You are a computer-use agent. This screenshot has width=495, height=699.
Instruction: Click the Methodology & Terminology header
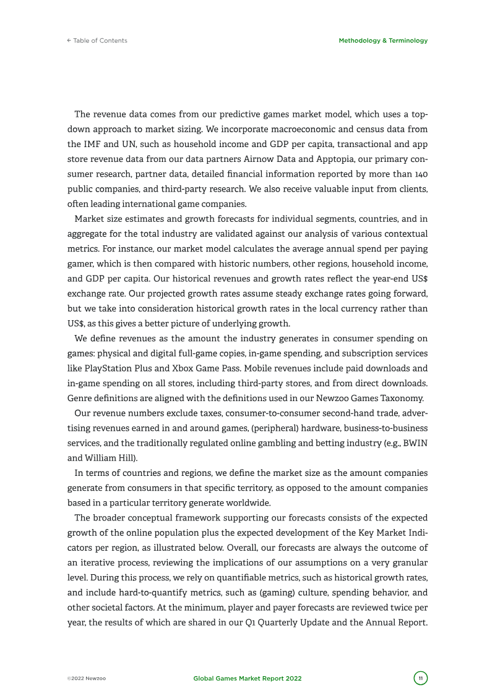coord(383,41)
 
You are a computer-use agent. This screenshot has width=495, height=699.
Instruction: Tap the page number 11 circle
coord(421,679)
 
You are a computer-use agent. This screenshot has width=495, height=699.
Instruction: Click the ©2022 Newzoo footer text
coord(87,679)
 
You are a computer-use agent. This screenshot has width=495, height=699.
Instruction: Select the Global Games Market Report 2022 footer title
coord(247,679)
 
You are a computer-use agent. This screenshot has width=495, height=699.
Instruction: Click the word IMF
coord(92,143)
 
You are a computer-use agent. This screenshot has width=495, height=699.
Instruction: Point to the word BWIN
coord(415,443)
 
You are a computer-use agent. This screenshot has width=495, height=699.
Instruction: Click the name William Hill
coord(108,457)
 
